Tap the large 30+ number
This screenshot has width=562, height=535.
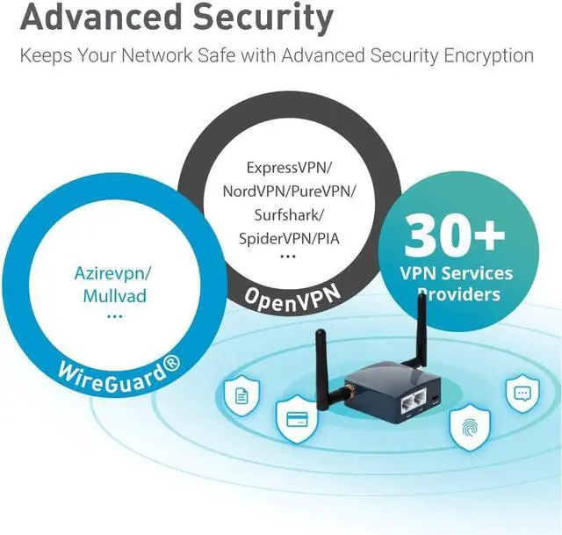tap(454, 236)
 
